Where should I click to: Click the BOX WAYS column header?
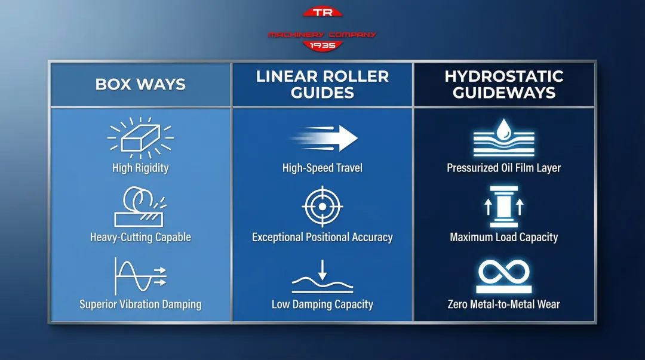tap(140, 84)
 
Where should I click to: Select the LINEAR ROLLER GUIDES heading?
tap(322, 85)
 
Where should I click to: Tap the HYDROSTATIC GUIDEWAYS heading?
tap(504, 85)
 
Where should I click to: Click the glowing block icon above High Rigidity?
tap(140, 137)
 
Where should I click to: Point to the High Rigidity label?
tap(140, 168)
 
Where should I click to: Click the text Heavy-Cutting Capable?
tap(140, 237)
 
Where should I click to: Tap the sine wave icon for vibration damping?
tap(140, 276)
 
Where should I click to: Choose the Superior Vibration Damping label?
tap(140, 304)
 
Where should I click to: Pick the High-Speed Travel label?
tap(322, 168)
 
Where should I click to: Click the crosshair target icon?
tap(322, 206)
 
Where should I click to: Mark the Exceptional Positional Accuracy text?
tap(322, 237)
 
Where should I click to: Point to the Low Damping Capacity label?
tap(322, 304)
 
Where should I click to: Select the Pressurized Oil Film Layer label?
tap(503, 168)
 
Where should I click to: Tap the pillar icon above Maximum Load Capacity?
tap(503, 207)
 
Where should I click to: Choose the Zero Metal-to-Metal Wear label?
tap(503, 304)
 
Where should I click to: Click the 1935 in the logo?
tap(322, 45)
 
